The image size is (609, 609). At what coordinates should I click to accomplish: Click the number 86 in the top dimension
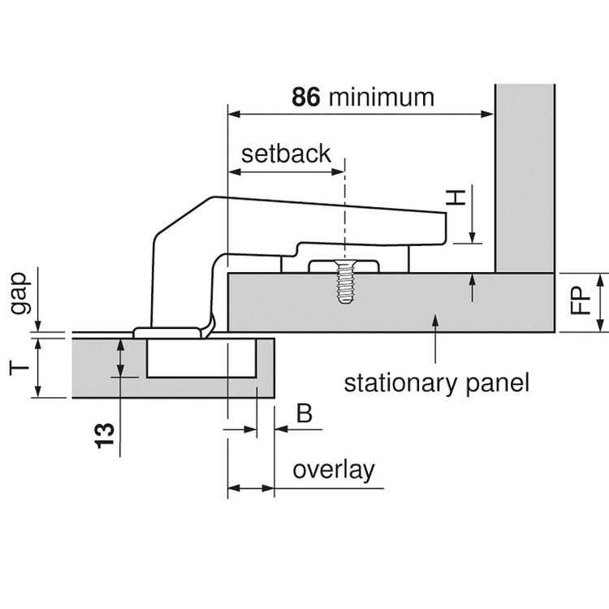click(308, 97)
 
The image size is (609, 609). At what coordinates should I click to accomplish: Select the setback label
click(287, 153)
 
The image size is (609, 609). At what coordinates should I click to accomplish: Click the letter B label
click(304, 414)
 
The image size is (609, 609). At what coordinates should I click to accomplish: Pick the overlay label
click(333, 470)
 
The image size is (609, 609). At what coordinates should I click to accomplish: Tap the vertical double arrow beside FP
click(599, 303)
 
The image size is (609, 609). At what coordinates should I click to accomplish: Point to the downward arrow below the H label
click(471, 236)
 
